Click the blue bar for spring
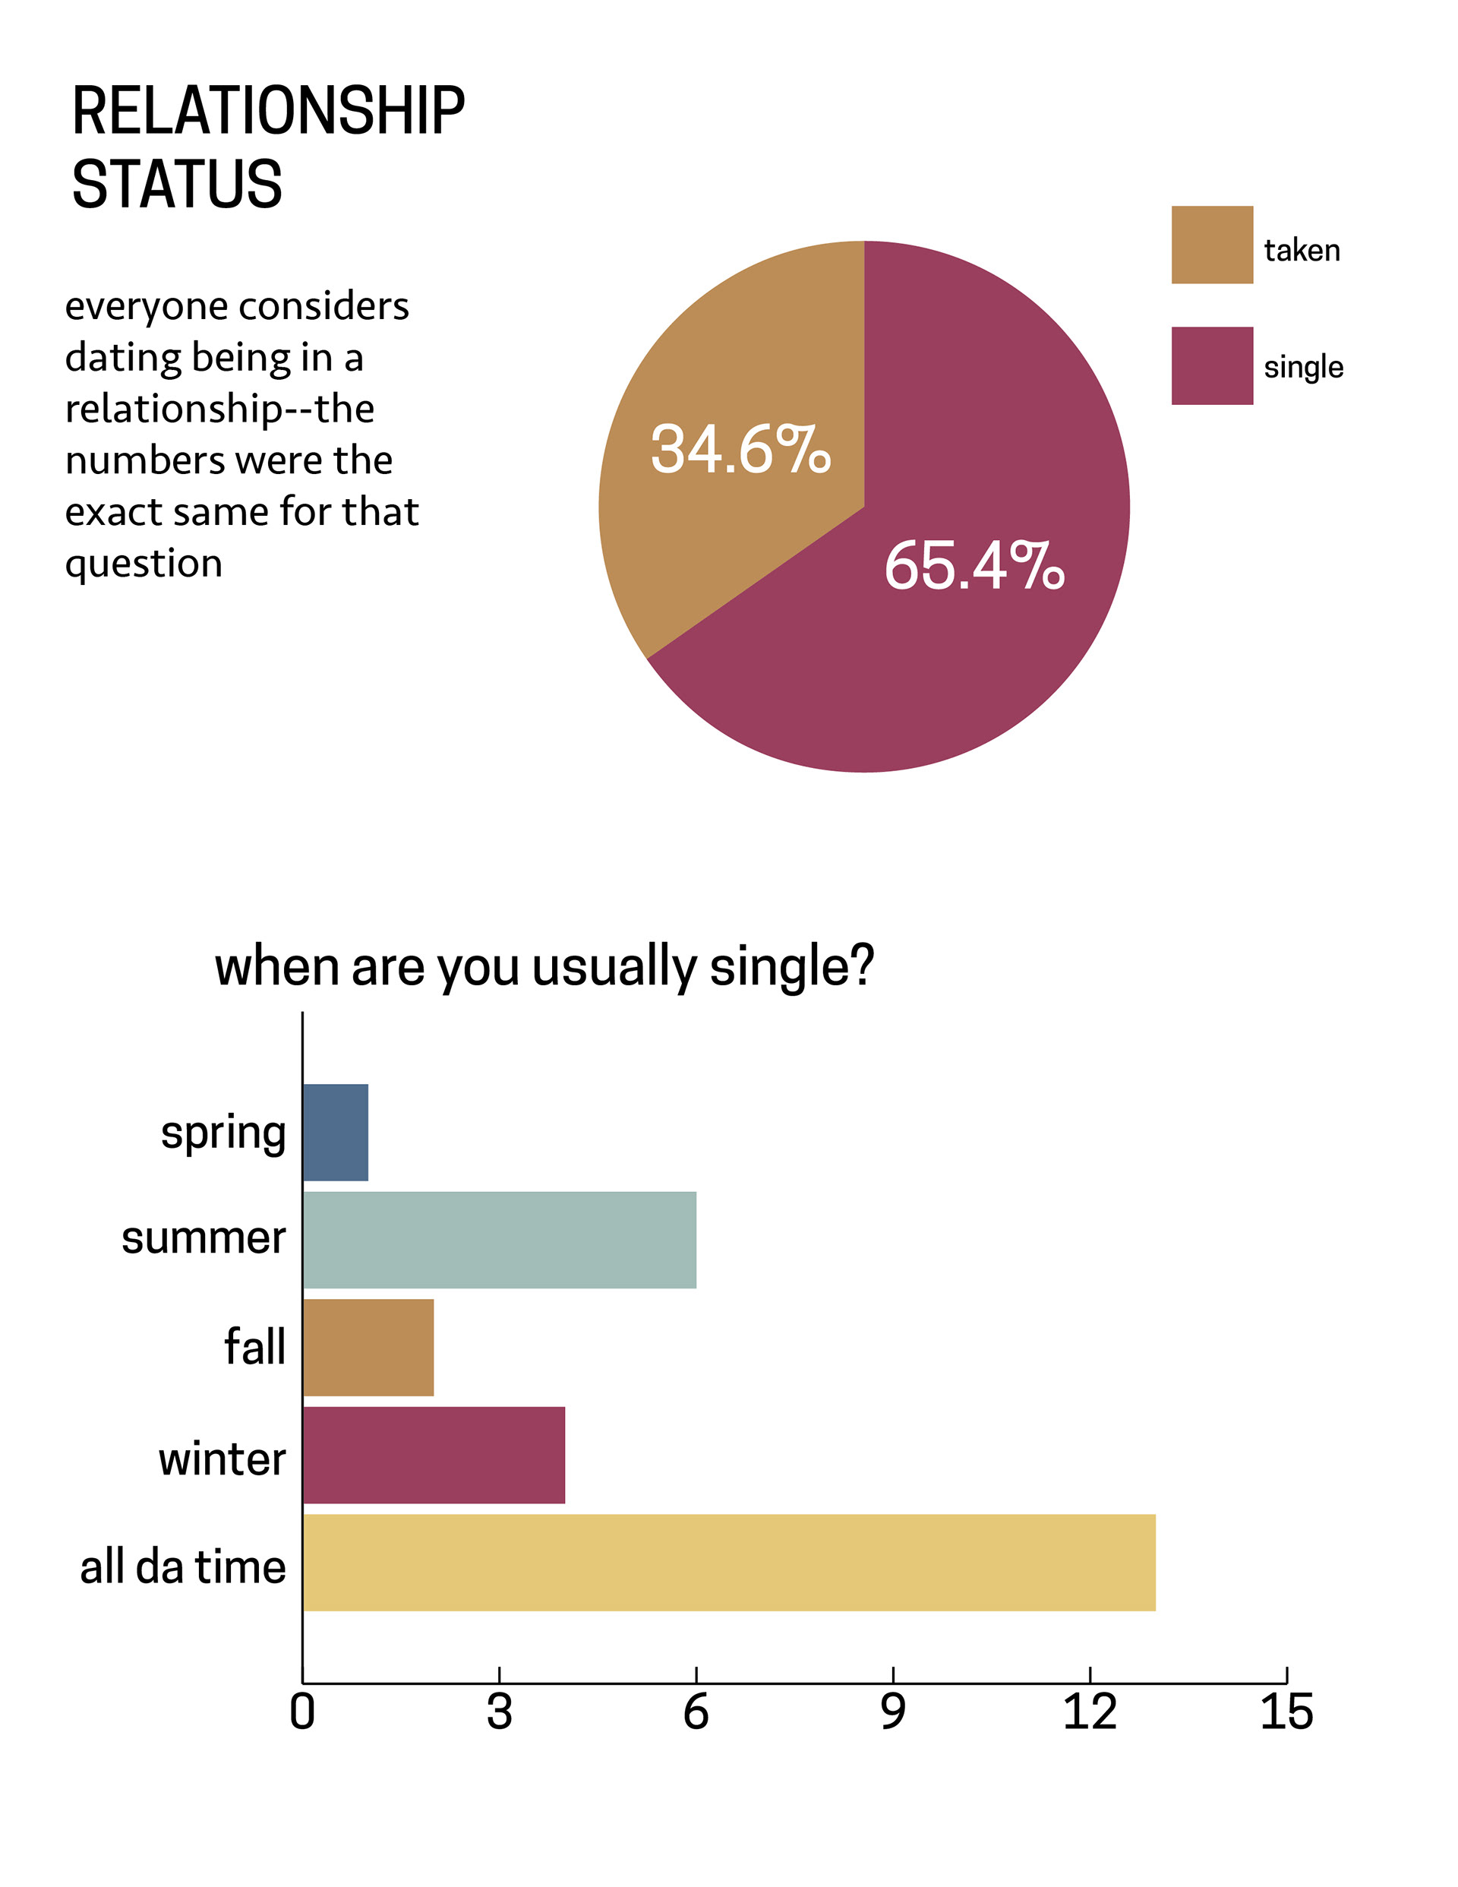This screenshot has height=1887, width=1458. [335, 1132]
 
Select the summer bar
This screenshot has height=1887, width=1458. [499, 1240]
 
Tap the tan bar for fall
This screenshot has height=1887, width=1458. [368, 1347]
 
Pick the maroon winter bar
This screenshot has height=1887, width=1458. [434, 1455]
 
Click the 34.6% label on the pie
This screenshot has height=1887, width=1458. [740, 449]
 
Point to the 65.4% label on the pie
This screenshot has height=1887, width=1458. [974, 566]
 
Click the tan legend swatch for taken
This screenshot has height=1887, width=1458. [1212, 245]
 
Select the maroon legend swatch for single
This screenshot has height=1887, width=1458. [1212, 365]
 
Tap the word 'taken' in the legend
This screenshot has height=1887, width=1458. [1302, 251]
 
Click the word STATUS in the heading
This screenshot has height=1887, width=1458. [177, 184]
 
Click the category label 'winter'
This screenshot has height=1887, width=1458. [222, 1459]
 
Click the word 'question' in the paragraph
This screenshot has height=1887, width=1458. [144, 564]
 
